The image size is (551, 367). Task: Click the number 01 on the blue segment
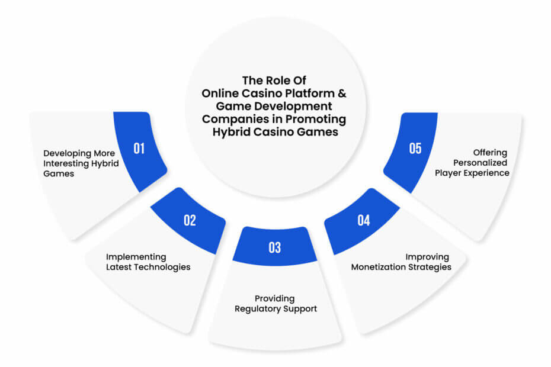pyautogui.click(x=139, y=149)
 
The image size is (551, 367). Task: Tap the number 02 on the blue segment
pyautogui.click(x=190, y=220)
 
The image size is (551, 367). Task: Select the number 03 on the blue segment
pyautogui.click(x=275, y=247)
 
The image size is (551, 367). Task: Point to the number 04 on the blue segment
pyautogui.click(x=364, y=220)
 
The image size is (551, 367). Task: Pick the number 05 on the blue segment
pyautogui.click(x=415, y=149)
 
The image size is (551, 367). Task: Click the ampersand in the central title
pyautogui.click(x=342, y=94)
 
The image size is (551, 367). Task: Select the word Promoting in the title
pyautogui.click(x=316, y=120)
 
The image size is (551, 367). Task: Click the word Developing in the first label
pyautogui.click(x=67, y=154)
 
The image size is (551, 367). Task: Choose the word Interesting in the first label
pyautogui.click(x=66, y=163)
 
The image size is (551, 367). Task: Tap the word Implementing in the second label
pyautogui.click(x=136, y=257)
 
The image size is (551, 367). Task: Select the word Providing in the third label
pyautogui.click(x=275, y=299)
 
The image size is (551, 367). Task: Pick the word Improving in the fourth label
pyautogui.click(x=427, y=257)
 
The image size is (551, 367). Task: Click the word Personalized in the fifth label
pyautogui.click(x=480, y=163)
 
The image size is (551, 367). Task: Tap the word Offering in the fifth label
pyautogui.click(x=490, y=153)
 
